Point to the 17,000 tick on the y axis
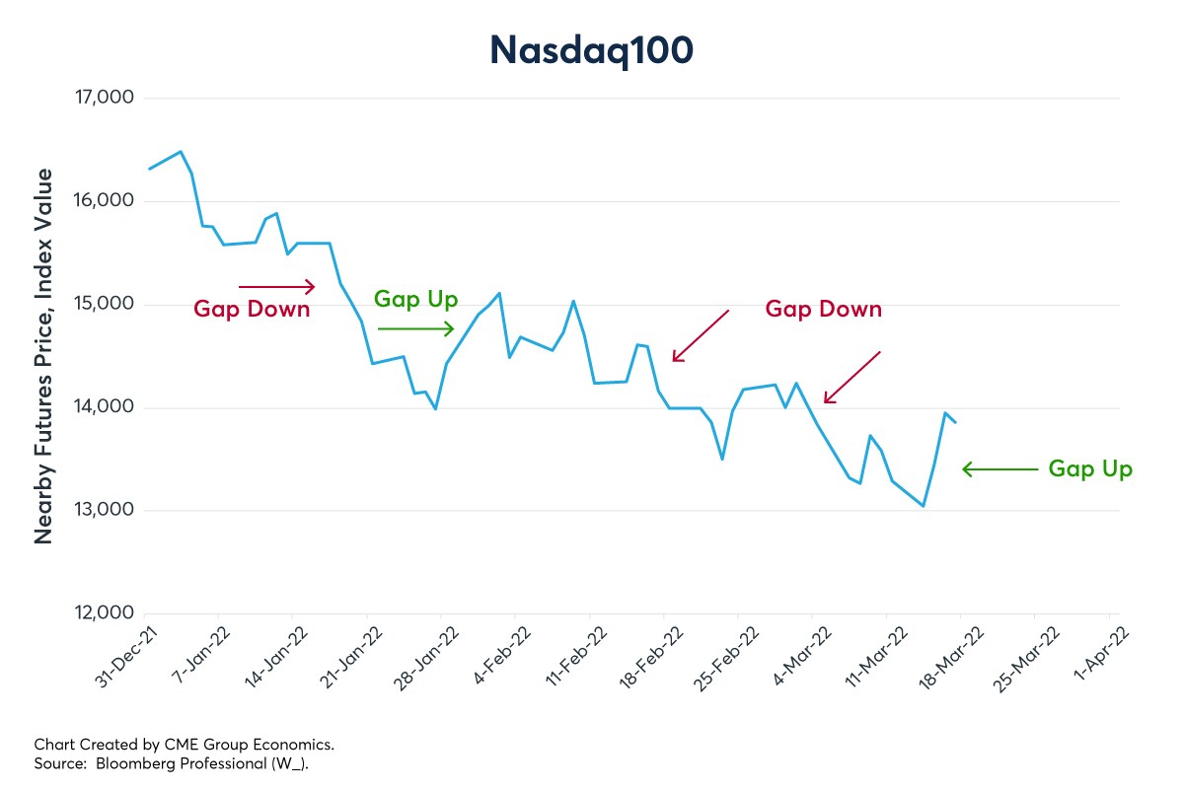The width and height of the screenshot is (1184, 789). [x=103, y=99]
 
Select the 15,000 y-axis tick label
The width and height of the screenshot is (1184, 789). [x=103, y=305]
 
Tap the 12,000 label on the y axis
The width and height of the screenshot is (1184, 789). [x=103, y=613]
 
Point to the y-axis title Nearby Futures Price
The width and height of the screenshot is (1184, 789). [x=44, y=355]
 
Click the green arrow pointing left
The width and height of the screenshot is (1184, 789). [x=999, y=469]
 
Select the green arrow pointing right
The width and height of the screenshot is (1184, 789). [x=415, y=329]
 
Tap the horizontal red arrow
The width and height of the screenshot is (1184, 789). [x=276, y=287]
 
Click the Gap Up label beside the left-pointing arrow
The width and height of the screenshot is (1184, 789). [x=1090, y=469]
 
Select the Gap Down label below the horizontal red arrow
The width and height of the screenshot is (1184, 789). [x=252, y=310]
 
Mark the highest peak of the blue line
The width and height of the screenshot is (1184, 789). [x=180, y=152]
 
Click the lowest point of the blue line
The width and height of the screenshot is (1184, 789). [x=923, y=506]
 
